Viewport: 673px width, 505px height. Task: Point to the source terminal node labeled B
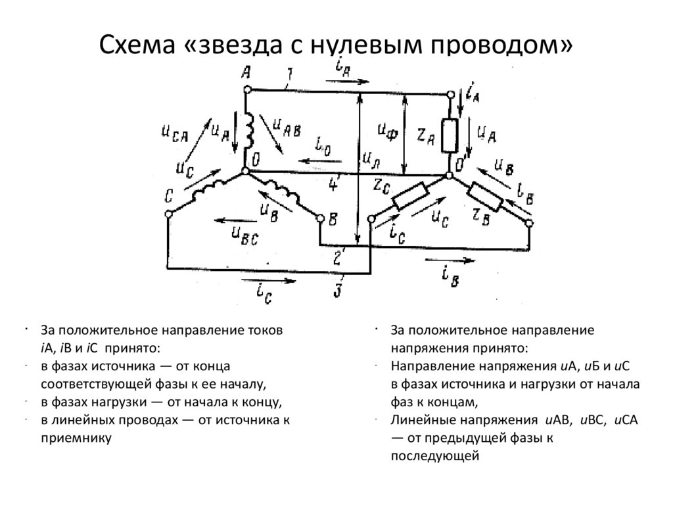[320, 217]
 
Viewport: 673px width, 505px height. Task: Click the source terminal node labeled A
[245, 90]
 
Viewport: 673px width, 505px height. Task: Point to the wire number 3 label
[337, 290]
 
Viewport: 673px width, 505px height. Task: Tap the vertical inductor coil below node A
[250, 132]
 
